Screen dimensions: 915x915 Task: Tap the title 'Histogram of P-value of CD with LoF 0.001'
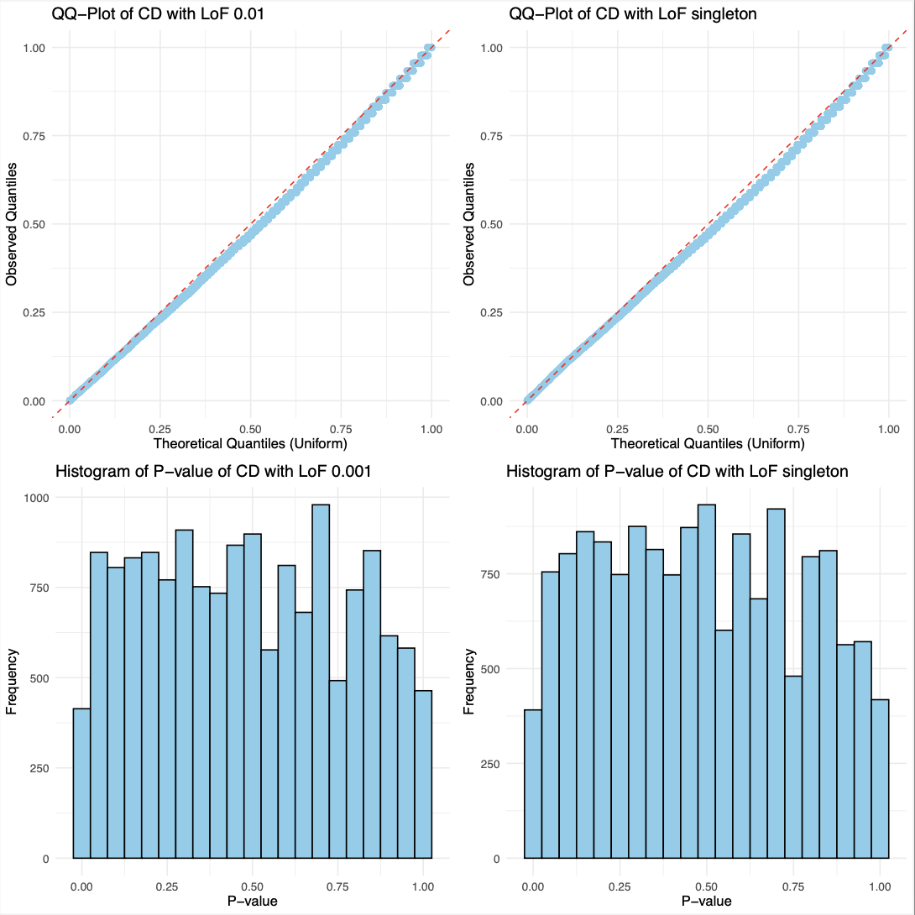coord(213,472)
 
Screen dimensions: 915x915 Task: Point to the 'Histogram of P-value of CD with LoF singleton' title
coord(677,472)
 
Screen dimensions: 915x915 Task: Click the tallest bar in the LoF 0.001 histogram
coord(321,681)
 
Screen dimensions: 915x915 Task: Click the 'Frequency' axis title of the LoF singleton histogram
coord(469,678)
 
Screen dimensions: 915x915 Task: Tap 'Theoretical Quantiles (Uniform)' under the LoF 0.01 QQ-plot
coord(250,443)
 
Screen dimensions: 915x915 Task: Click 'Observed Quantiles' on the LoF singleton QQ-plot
coord(469,223)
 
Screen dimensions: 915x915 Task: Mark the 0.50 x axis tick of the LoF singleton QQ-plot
coord(708,429)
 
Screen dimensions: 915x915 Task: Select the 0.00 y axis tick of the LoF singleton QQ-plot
coord(491,401)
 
